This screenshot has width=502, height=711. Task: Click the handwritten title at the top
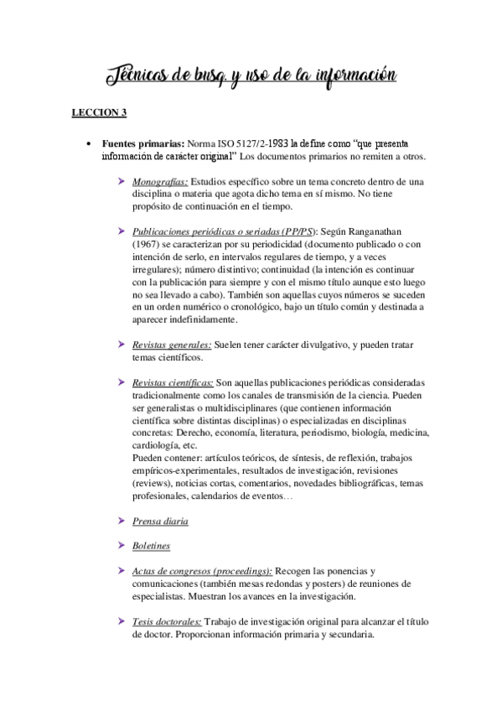251,77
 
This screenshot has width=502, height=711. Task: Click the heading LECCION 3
99,111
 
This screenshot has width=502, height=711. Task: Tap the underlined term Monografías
160,181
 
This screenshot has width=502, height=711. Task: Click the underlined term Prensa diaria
160,521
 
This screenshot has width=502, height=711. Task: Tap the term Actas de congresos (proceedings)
202,571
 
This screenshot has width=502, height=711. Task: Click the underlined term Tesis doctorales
167,621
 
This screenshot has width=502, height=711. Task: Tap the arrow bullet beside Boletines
122,545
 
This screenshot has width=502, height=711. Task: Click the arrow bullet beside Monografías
122,180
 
